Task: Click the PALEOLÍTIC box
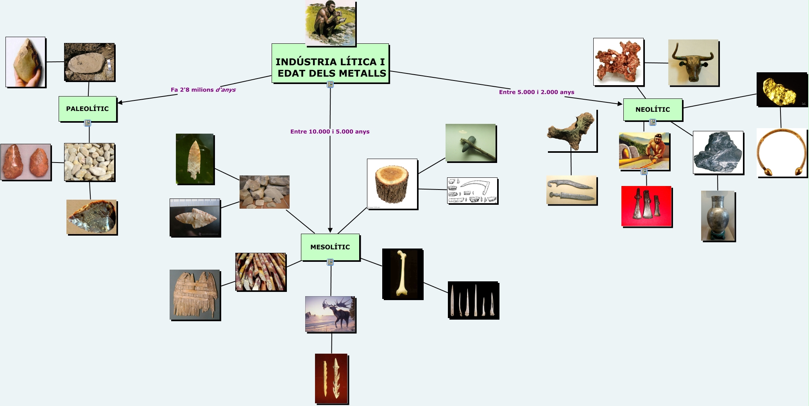[x=88, y=109]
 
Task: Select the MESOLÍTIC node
[x=330, y=247]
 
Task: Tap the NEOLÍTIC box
[x=653, y=109]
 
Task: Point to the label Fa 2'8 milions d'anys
[x=203, y=89]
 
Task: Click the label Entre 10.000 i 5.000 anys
[x=330, y=132]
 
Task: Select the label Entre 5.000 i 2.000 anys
[x=537, y=92]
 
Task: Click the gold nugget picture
[x=782, y=89]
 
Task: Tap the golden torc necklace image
[x=782, y=153]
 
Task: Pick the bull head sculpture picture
[x=693, y=63]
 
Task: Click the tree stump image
[x=392, y=184]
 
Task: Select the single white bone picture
[x=403, y=274]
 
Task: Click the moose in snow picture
[x=330, y=314]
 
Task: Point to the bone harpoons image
[x=331, y=378]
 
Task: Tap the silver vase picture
[x=718, y=216]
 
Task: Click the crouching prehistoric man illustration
[x=330, y=23]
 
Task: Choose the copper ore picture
[x=618, y=61]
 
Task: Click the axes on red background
[x=646, y=206]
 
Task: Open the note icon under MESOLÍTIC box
[x=330, y=262]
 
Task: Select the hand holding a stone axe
[x=25, y=62]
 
